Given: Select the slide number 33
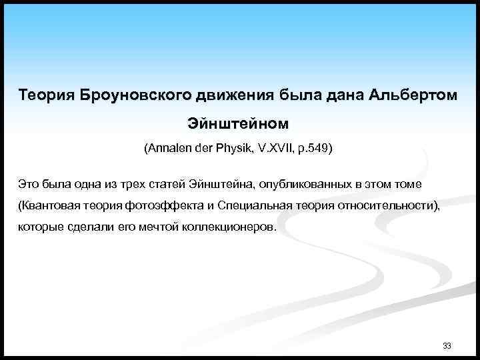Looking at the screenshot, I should (447, 346).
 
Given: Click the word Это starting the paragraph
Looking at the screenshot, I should (29, 183).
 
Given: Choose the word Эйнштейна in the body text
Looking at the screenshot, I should (217, 183).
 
